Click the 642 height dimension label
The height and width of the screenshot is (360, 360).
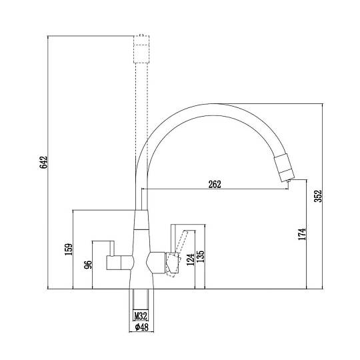click(43, 162)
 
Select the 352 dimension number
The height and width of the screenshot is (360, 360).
click(318, 196)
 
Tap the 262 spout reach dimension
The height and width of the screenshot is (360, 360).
click(215, 185)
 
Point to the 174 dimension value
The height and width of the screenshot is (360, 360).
click(302, 234)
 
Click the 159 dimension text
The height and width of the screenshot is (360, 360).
click(69, 249)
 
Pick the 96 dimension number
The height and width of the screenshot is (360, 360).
click(88, 265)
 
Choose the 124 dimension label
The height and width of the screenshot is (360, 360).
click(191, 259)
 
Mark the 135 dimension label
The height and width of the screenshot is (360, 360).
click(201, 256)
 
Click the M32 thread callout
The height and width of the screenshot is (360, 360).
click(141, 316)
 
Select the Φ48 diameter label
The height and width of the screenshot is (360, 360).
click(141, 327)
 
